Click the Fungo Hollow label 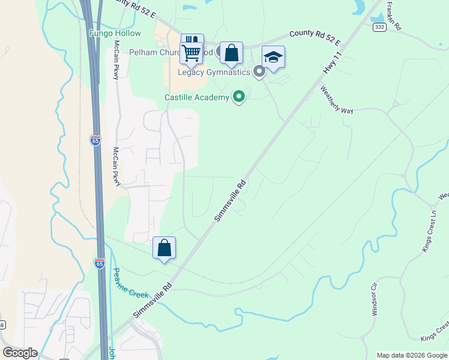pyautogui.click(x=115, y=34)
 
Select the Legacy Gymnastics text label pyautogui.click(x=213, y=73)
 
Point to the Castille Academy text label pyautogui.click(x=196, y=97)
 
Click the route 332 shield pyautogui.click(x=379, y=27)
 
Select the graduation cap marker pyautogui.click(x=273, y=58)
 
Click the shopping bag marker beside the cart pyautogui.click(x=231, y=53)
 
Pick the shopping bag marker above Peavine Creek pyautogui.click(x=164, y=248)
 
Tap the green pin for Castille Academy pyautogui.click(x=239, y=96)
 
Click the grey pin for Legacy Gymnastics pyautogui.click(x=259, y=72)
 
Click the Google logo pyautogui.click(x=20, y=352)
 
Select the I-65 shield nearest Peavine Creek pyautogui.click(x=100, y=263)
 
